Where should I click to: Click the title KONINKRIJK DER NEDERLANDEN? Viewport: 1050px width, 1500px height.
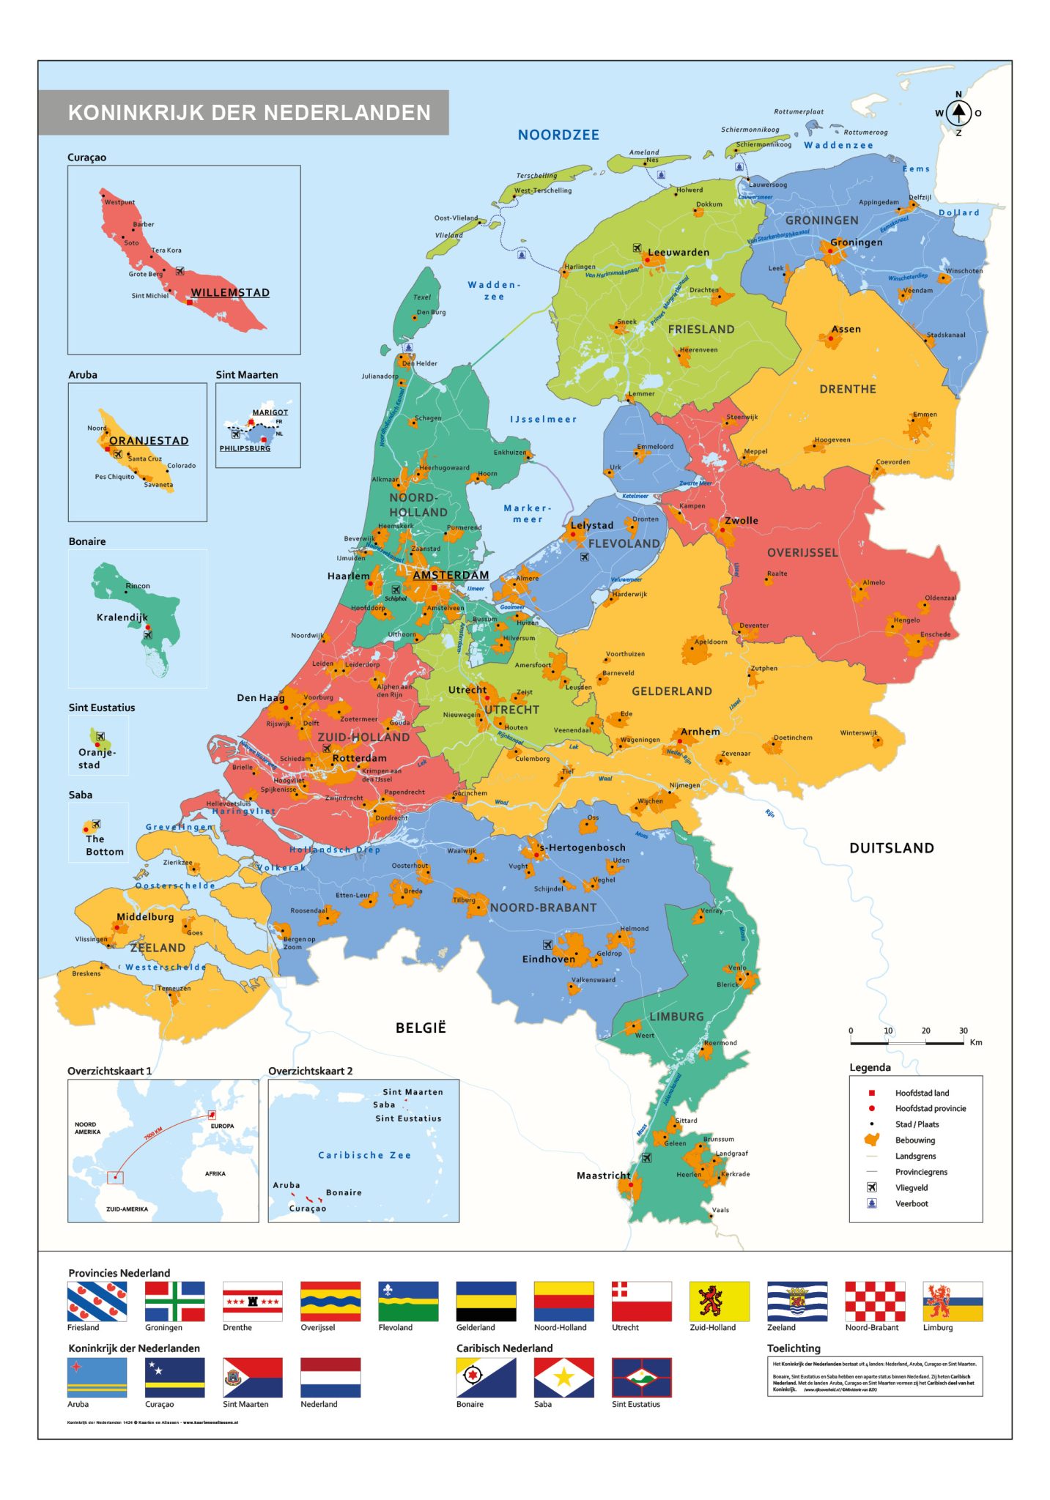coord(249,113)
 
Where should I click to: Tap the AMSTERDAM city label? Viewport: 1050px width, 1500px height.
coord(450,575)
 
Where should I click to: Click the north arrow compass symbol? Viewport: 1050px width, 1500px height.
coord(958,114)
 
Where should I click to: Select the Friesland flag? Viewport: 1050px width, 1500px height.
coord(97,1301)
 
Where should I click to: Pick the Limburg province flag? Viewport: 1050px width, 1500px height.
coord(952,1301)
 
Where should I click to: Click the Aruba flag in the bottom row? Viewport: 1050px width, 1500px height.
coord(97,1378)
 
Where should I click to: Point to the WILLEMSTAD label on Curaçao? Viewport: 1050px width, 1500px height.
coord(230,293)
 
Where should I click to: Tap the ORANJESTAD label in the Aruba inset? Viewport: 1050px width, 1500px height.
coord(149,441)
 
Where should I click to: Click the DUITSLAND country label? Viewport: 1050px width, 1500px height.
coord(891,848)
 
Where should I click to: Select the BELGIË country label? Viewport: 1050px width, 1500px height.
coord(421,1028)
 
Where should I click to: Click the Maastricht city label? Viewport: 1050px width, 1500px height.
coord(602,1175)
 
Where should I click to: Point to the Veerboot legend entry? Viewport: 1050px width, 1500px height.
coord(911,1203)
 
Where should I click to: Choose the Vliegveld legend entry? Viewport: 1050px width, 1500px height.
coord(911,1187)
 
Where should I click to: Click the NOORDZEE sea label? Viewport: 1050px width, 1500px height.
coord(558,135)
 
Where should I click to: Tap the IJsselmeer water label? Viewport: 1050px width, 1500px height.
coord(543,419)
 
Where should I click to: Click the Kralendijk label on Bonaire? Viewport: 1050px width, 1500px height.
coord(122,617)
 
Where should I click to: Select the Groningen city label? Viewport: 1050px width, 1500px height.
coord(856,242)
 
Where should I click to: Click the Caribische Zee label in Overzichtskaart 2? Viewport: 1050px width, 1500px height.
coord(364,1155)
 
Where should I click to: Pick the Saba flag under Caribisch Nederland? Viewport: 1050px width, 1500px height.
coord(563,1378)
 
